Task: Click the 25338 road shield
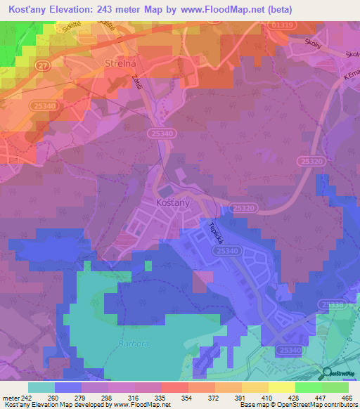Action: (x=333, y=305)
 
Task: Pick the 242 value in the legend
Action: (x=23, y=398)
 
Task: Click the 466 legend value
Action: (x=347, y=398)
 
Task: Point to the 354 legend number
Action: (x=187, y=398)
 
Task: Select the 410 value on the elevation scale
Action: (x=267, y=398)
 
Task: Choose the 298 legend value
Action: (x=106, y=398)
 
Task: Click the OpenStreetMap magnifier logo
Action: (x=327, y=373)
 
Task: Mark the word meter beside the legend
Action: (x=10, y=398)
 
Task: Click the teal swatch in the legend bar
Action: (x=41, y=387)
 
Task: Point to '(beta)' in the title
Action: (x=279, y=9)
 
